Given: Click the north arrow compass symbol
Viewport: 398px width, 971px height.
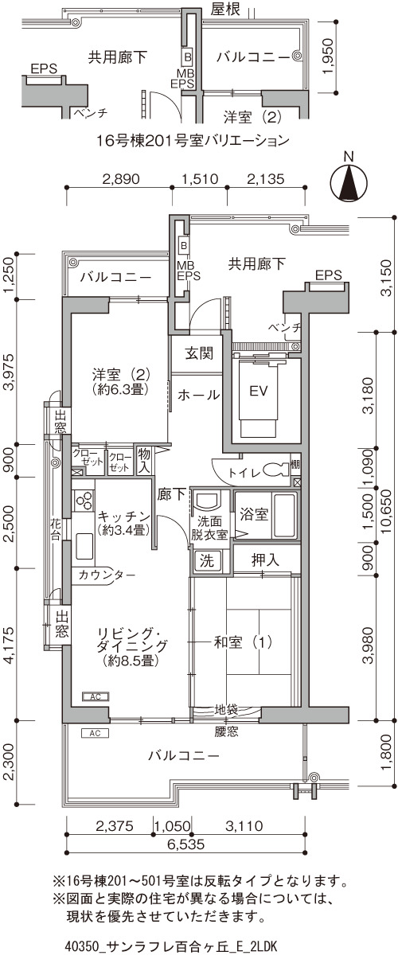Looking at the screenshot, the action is (349, 181).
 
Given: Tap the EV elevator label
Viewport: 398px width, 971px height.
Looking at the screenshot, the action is (259, 392).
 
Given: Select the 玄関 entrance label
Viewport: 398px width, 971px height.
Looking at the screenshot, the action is (200, 353).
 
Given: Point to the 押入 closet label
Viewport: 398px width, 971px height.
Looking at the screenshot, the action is (265, 560).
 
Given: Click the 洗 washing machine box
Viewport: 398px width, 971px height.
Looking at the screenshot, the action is (207, 560).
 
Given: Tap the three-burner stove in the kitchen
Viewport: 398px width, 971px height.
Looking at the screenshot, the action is (84, 501).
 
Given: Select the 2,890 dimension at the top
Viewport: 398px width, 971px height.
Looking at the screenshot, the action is (121, 178).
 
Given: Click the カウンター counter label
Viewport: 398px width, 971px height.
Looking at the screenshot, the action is (107, 575).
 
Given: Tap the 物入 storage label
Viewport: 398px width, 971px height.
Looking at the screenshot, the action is (144, 461).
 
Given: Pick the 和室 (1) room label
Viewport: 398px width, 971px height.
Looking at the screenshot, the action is (243, 642).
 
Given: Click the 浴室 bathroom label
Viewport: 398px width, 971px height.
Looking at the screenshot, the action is (254, 514).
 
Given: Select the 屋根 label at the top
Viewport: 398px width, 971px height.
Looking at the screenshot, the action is (225, 9).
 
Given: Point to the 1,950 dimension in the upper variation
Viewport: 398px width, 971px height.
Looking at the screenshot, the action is (329, 57).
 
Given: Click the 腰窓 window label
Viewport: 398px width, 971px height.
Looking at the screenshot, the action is (226, 731).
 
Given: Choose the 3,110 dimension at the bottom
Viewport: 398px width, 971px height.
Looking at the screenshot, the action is (244, 826).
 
